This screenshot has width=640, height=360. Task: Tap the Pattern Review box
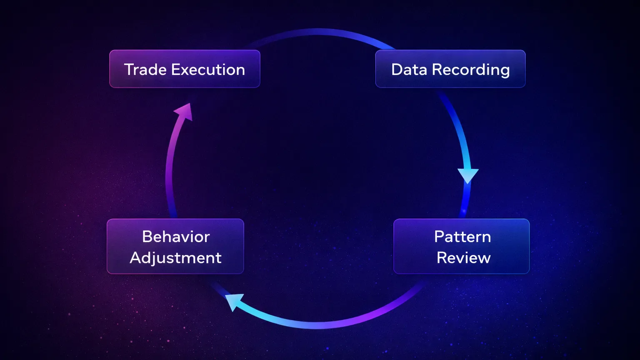(x=461, y=247)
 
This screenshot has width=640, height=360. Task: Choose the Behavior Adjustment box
(x=175, y=247)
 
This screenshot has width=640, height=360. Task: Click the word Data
(x=409, y=70)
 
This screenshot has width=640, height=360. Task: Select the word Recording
(x=471, y=70)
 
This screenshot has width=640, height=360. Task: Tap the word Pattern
(x=462, y=237)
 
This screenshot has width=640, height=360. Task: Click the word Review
(x=463, y=258)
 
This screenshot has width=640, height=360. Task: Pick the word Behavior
(x=176, y=237)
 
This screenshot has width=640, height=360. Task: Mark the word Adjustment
(x=175, y=258)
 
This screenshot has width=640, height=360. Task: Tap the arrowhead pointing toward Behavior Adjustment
(x=234, y=301)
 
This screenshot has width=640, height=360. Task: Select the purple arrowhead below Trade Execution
(x=184, y=112)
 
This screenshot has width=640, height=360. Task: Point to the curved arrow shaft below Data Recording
(x=457, y=129)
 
